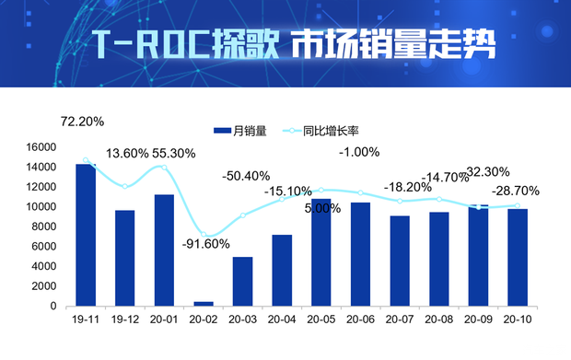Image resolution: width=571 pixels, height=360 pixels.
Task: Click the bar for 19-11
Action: [86, 235]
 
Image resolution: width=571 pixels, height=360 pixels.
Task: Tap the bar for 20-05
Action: [321, 251]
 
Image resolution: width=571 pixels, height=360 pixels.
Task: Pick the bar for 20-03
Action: [242, 281]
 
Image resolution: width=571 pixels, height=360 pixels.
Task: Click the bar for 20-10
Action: [518, 257]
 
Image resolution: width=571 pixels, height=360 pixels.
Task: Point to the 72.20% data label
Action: [82, 121]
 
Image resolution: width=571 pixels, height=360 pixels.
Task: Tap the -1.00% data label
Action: [359, 153]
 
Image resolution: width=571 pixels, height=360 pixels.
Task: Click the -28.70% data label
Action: [515, 191]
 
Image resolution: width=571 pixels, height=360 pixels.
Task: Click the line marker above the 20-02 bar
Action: [204, 236]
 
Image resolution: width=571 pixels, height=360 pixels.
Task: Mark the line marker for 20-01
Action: [164, 167]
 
